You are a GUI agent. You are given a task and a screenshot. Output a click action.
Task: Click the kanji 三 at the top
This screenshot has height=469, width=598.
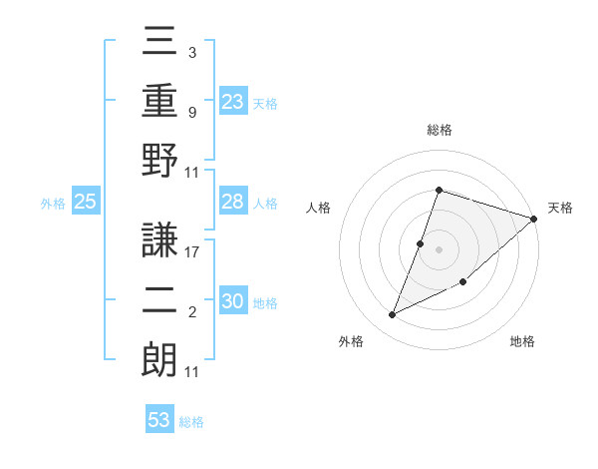coord(159,45)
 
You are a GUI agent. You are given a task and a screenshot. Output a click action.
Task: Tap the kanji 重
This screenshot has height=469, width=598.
coord(159,104)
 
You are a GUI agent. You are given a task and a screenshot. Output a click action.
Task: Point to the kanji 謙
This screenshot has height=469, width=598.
coord(159,240)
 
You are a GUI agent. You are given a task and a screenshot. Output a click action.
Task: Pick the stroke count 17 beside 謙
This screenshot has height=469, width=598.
coord(192,252)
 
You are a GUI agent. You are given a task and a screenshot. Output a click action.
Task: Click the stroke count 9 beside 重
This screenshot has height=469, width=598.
coord(192,112)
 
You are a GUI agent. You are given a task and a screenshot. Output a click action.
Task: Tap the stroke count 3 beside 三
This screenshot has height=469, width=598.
coord(191,51)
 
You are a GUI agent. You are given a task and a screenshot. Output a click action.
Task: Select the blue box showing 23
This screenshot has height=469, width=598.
coord(233,101)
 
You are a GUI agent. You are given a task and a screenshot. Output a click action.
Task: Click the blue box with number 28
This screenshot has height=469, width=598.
coord(233,202)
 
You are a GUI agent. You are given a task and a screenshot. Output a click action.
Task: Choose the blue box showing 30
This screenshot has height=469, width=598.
coord(233,301)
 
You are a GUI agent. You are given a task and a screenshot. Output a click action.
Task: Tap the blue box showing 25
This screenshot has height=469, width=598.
coord(85,202)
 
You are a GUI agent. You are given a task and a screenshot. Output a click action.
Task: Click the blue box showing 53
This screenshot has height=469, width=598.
coord(159,419)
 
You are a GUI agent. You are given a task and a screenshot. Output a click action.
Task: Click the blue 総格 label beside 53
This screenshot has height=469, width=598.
coord(191,422)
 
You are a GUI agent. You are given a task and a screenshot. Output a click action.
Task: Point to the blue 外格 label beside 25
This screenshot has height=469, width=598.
coord(53,204)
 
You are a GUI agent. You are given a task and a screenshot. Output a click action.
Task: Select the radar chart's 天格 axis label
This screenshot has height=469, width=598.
coord(561,208)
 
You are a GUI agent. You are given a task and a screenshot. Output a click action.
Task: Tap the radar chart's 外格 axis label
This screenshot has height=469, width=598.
coord(351,341)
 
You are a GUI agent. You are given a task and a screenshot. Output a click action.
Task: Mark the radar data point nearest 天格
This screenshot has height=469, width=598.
coord(533,219)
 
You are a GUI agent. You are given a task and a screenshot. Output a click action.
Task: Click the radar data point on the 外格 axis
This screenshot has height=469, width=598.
coord(392,315)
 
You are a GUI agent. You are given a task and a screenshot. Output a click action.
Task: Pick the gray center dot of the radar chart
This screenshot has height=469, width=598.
coord(439,248)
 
